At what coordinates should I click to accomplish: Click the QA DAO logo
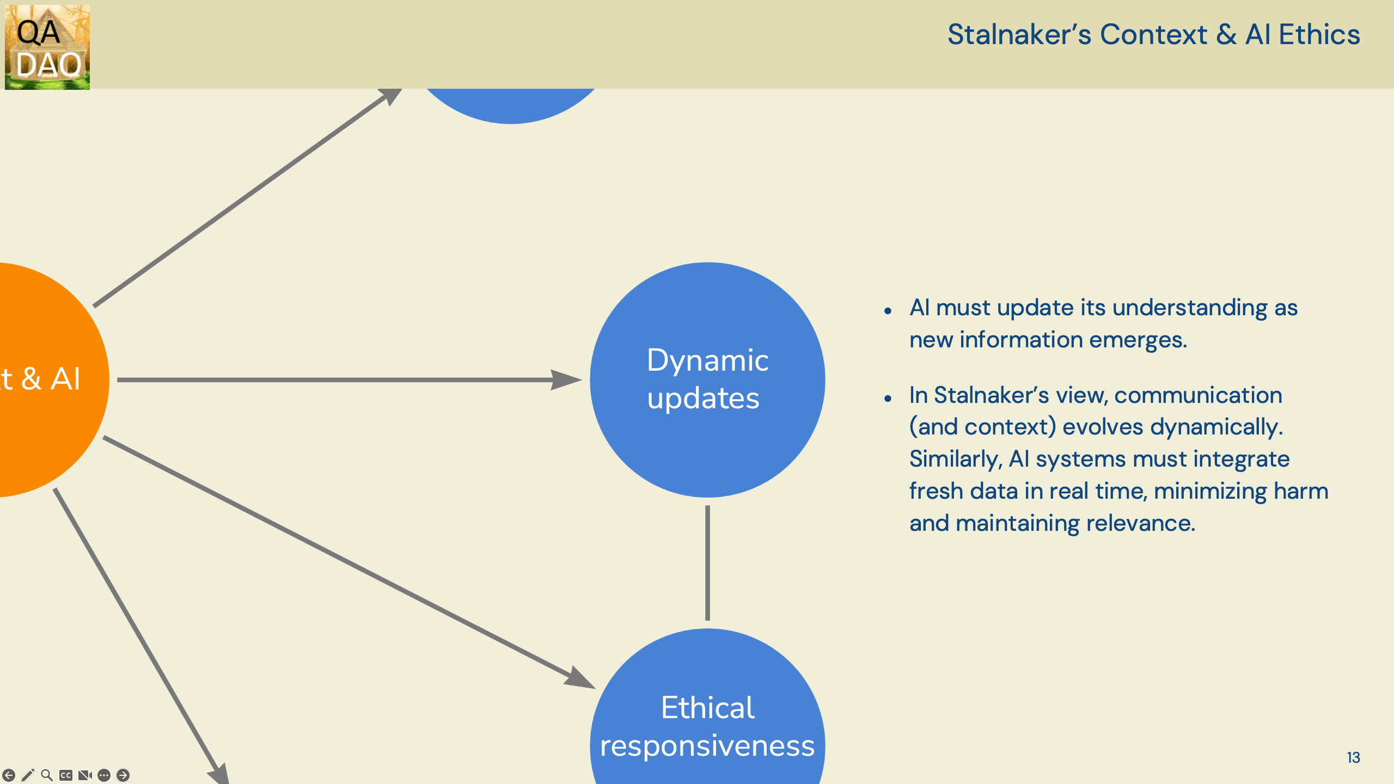tap(47, 47)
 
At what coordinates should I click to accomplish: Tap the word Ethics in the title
tap(1319, 35)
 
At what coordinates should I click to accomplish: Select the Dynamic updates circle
tap(707, 379)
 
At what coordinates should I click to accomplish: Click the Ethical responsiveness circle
tap(707, 724)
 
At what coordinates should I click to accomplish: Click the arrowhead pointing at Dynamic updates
tap(566, 379)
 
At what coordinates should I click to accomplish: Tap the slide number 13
tap(1353, 757)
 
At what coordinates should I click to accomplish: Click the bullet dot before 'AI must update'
tap(888, 311)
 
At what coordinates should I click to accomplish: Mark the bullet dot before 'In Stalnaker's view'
tap(888, 399)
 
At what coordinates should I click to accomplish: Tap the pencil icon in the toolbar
tap(28, 775)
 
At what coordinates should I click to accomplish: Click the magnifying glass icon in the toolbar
tap(47, 775)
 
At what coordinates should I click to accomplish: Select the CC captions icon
tap(66, 775)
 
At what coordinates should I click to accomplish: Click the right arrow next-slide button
tap(123, 775)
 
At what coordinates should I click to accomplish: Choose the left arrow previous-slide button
tap(9, 775)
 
